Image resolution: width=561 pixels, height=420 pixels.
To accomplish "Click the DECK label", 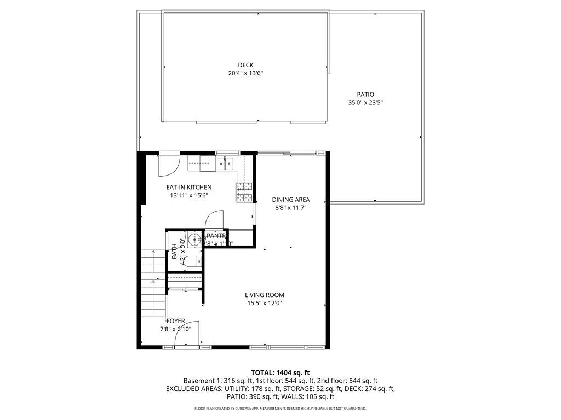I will [245, 65].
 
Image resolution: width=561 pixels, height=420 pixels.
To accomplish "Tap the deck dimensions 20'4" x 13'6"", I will [245, 73].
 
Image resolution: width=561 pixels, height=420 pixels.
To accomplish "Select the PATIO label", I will [365, 95].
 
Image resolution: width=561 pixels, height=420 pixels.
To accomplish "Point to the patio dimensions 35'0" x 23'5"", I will [365, 103].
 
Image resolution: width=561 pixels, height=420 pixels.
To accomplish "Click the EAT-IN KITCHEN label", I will [189, 188].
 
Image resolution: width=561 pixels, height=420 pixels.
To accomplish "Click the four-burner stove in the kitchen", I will [244, 191].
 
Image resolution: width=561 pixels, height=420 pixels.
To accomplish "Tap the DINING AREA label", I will [291, 200].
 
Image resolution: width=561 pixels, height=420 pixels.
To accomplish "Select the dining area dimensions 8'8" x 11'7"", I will [291, 208].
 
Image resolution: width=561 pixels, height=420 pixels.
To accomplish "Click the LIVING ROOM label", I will [265, 295].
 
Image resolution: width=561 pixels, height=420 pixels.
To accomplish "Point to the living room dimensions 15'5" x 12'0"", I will [265, 303].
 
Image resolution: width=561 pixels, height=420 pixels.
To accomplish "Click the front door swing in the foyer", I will [187, 334].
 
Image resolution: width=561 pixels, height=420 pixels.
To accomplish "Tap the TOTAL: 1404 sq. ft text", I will [280, 372].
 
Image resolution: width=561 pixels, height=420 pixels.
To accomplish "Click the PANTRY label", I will [216, 236].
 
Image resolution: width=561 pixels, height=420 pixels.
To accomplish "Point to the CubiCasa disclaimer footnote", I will [280, 409].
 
